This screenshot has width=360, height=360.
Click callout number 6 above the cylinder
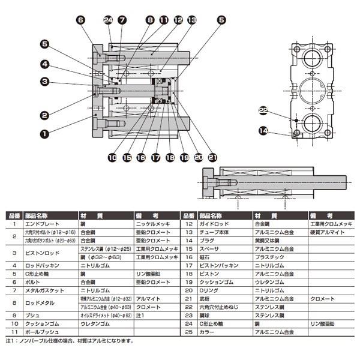pyautogui.click(x=80, y=20)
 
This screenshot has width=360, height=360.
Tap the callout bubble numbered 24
pyautogui.click(x=108, y=20)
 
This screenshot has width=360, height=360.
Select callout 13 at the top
pyautogui.click(x=192, y=20)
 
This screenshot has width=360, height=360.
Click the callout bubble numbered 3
pyautogui.click(x=44, y=82)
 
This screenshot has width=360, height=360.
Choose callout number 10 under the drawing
pyautogui.click(x=112, y=158)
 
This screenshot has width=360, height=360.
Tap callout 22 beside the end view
pyautogui.click(x=262, y=110)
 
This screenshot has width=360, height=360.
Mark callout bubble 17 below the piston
pyautogui.click(x=155, y=158)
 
